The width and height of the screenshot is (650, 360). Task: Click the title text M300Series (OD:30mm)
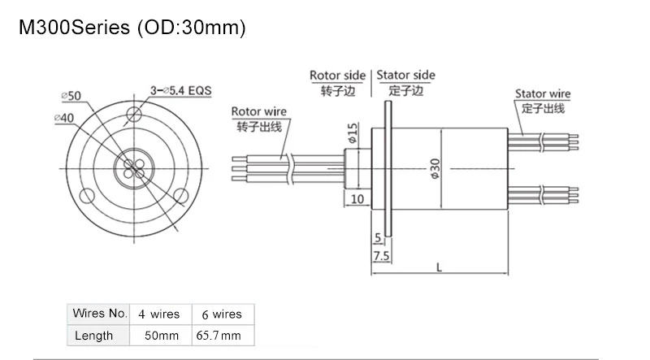(131, 28)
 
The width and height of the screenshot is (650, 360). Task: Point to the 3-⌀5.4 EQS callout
(180, 90)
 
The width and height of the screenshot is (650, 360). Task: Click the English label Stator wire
(543, 94)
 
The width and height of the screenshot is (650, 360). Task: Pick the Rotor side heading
(337, 76)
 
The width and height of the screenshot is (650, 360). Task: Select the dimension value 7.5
(380, 256)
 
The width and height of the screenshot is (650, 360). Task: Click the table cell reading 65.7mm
(219, 336)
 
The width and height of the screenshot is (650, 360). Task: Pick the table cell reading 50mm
(162, 336)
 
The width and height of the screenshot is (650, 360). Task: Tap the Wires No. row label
(100, 313)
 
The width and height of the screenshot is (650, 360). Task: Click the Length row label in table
(93, 335)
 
